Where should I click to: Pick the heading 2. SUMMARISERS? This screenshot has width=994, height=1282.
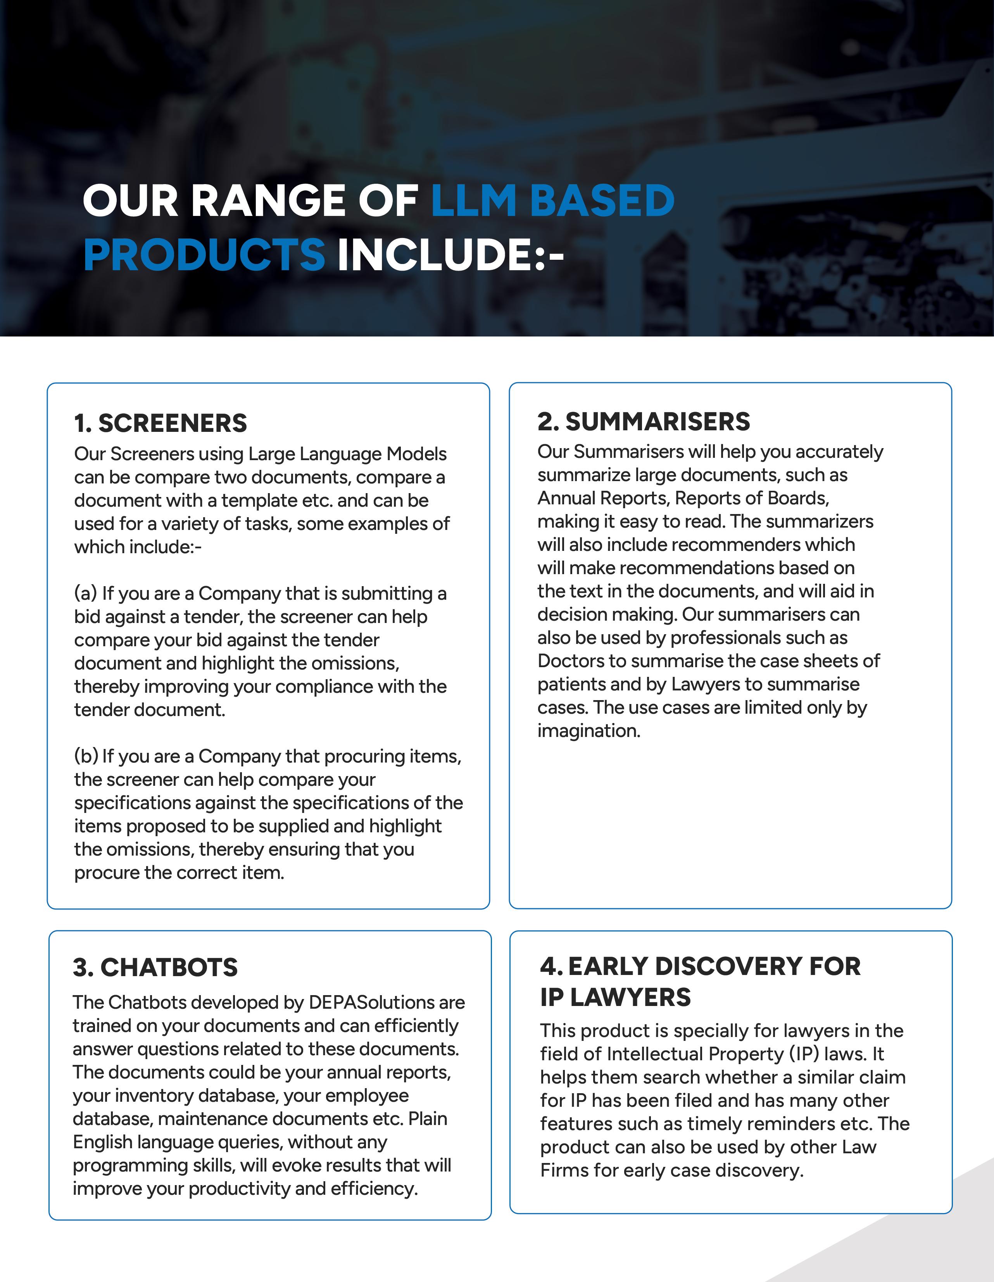pyautogui.click(x=644, y=421)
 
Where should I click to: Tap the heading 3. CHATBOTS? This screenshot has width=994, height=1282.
pyautogui.click(x=155, y=967)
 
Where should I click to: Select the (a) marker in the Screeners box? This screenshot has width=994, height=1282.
pyautogui.click(x=85, y=594)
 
